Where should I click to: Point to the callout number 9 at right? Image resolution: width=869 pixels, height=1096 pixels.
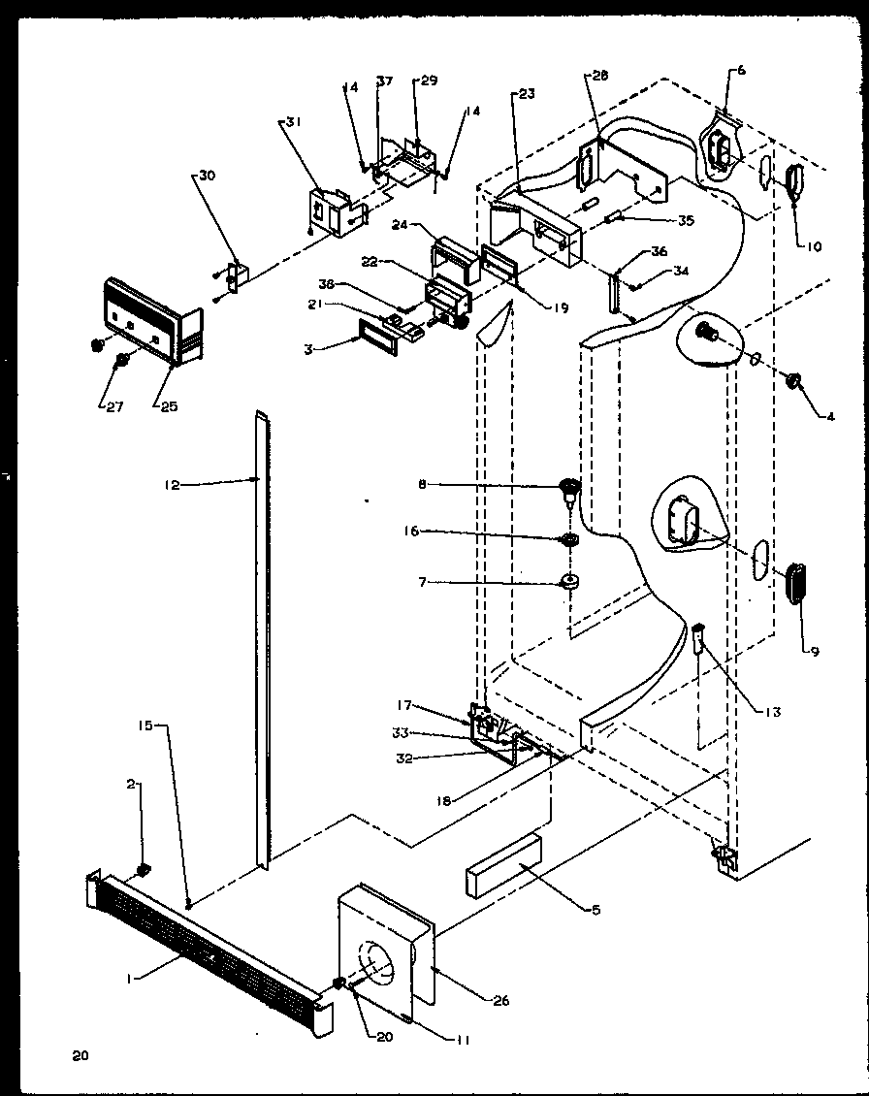815,651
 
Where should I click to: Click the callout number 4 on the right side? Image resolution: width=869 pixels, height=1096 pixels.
829,418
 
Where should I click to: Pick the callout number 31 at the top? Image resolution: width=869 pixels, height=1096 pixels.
293,122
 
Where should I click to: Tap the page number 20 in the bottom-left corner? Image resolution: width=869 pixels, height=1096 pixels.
80,1055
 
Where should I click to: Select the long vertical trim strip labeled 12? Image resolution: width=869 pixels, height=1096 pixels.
263,630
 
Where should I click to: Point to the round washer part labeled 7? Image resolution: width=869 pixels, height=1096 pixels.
569,584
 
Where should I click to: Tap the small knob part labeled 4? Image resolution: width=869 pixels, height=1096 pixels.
794,381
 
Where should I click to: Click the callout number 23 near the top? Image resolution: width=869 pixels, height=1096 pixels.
527,95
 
